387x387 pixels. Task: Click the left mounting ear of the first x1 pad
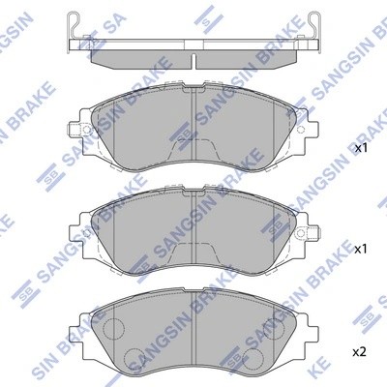(76, 129)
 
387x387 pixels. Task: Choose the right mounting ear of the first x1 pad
(312, 129)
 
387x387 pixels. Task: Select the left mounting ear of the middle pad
(76, 228)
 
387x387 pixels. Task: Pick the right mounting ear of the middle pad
(312, 228)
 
